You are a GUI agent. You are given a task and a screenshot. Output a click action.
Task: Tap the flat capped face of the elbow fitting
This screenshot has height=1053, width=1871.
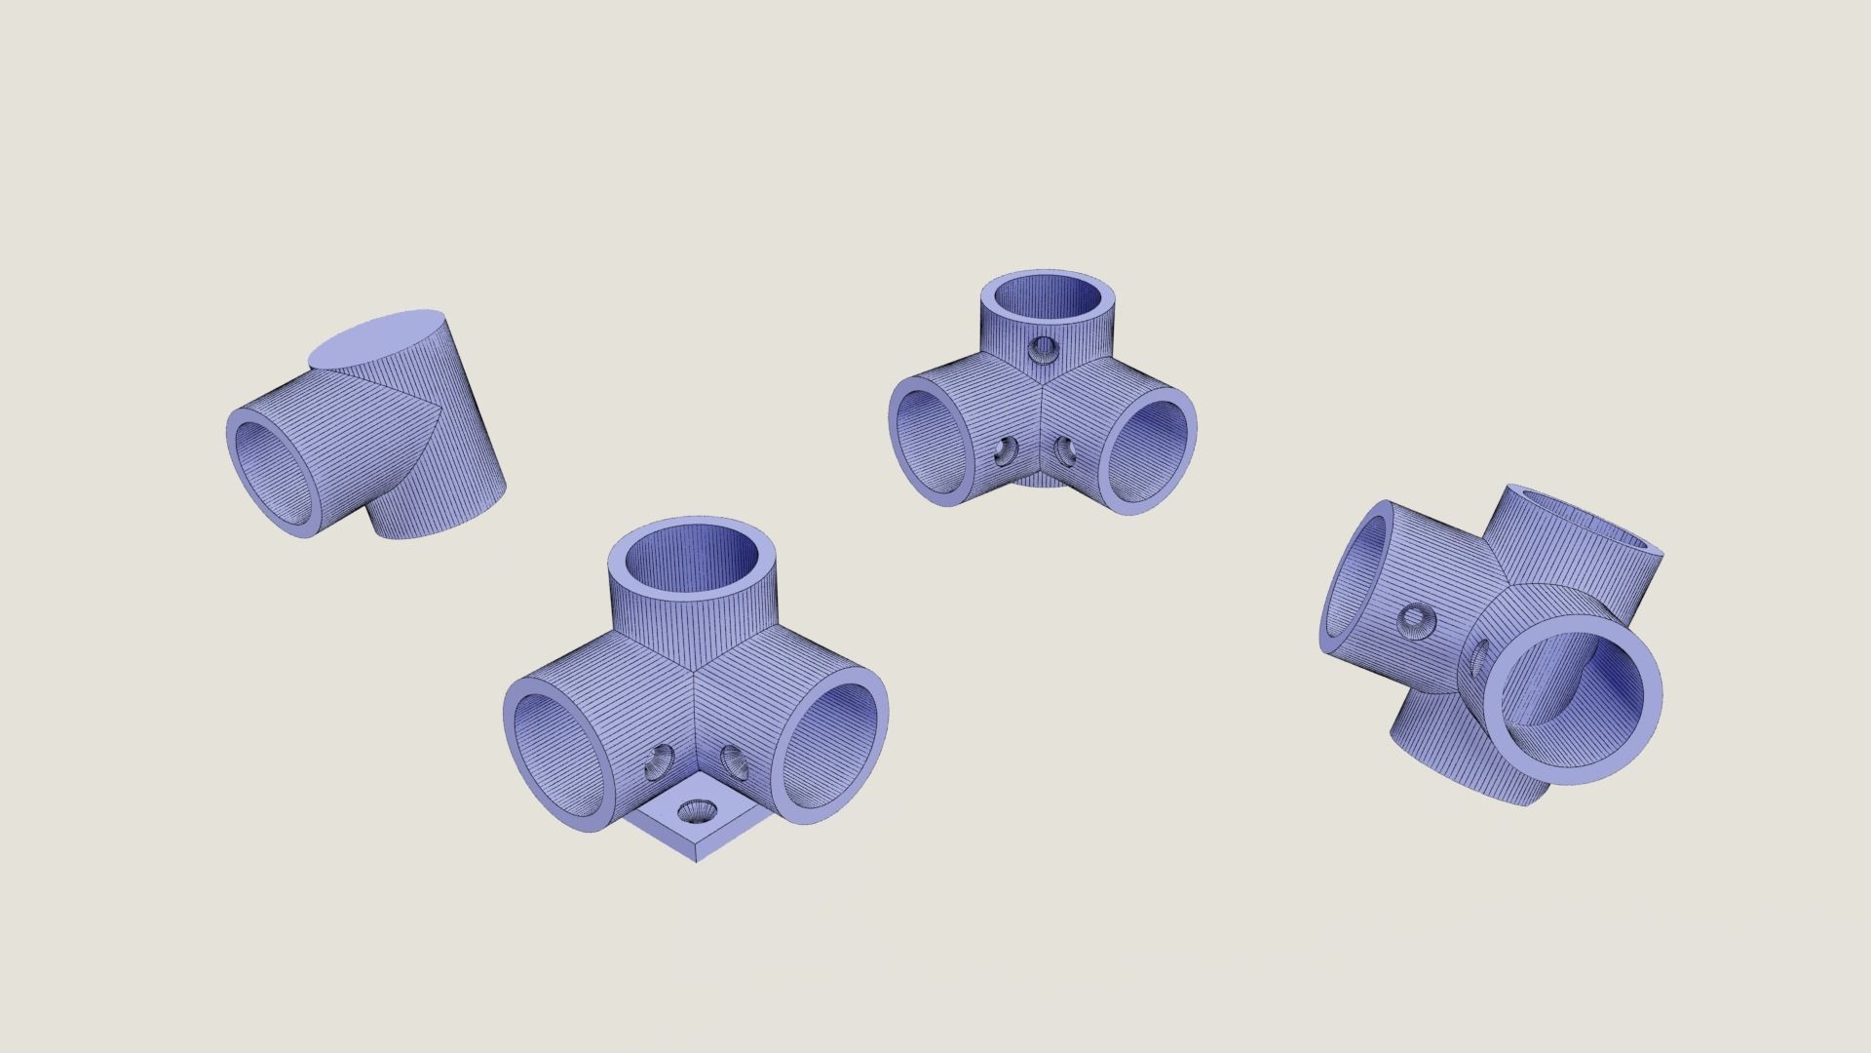click(x=376, y=338)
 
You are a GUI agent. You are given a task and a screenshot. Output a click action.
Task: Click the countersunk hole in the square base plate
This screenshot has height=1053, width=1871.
click(x=698, y=811)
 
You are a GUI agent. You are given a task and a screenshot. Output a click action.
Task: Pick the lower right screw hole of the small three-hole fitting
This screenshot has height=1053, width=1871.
click(x=1067, y=450)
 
